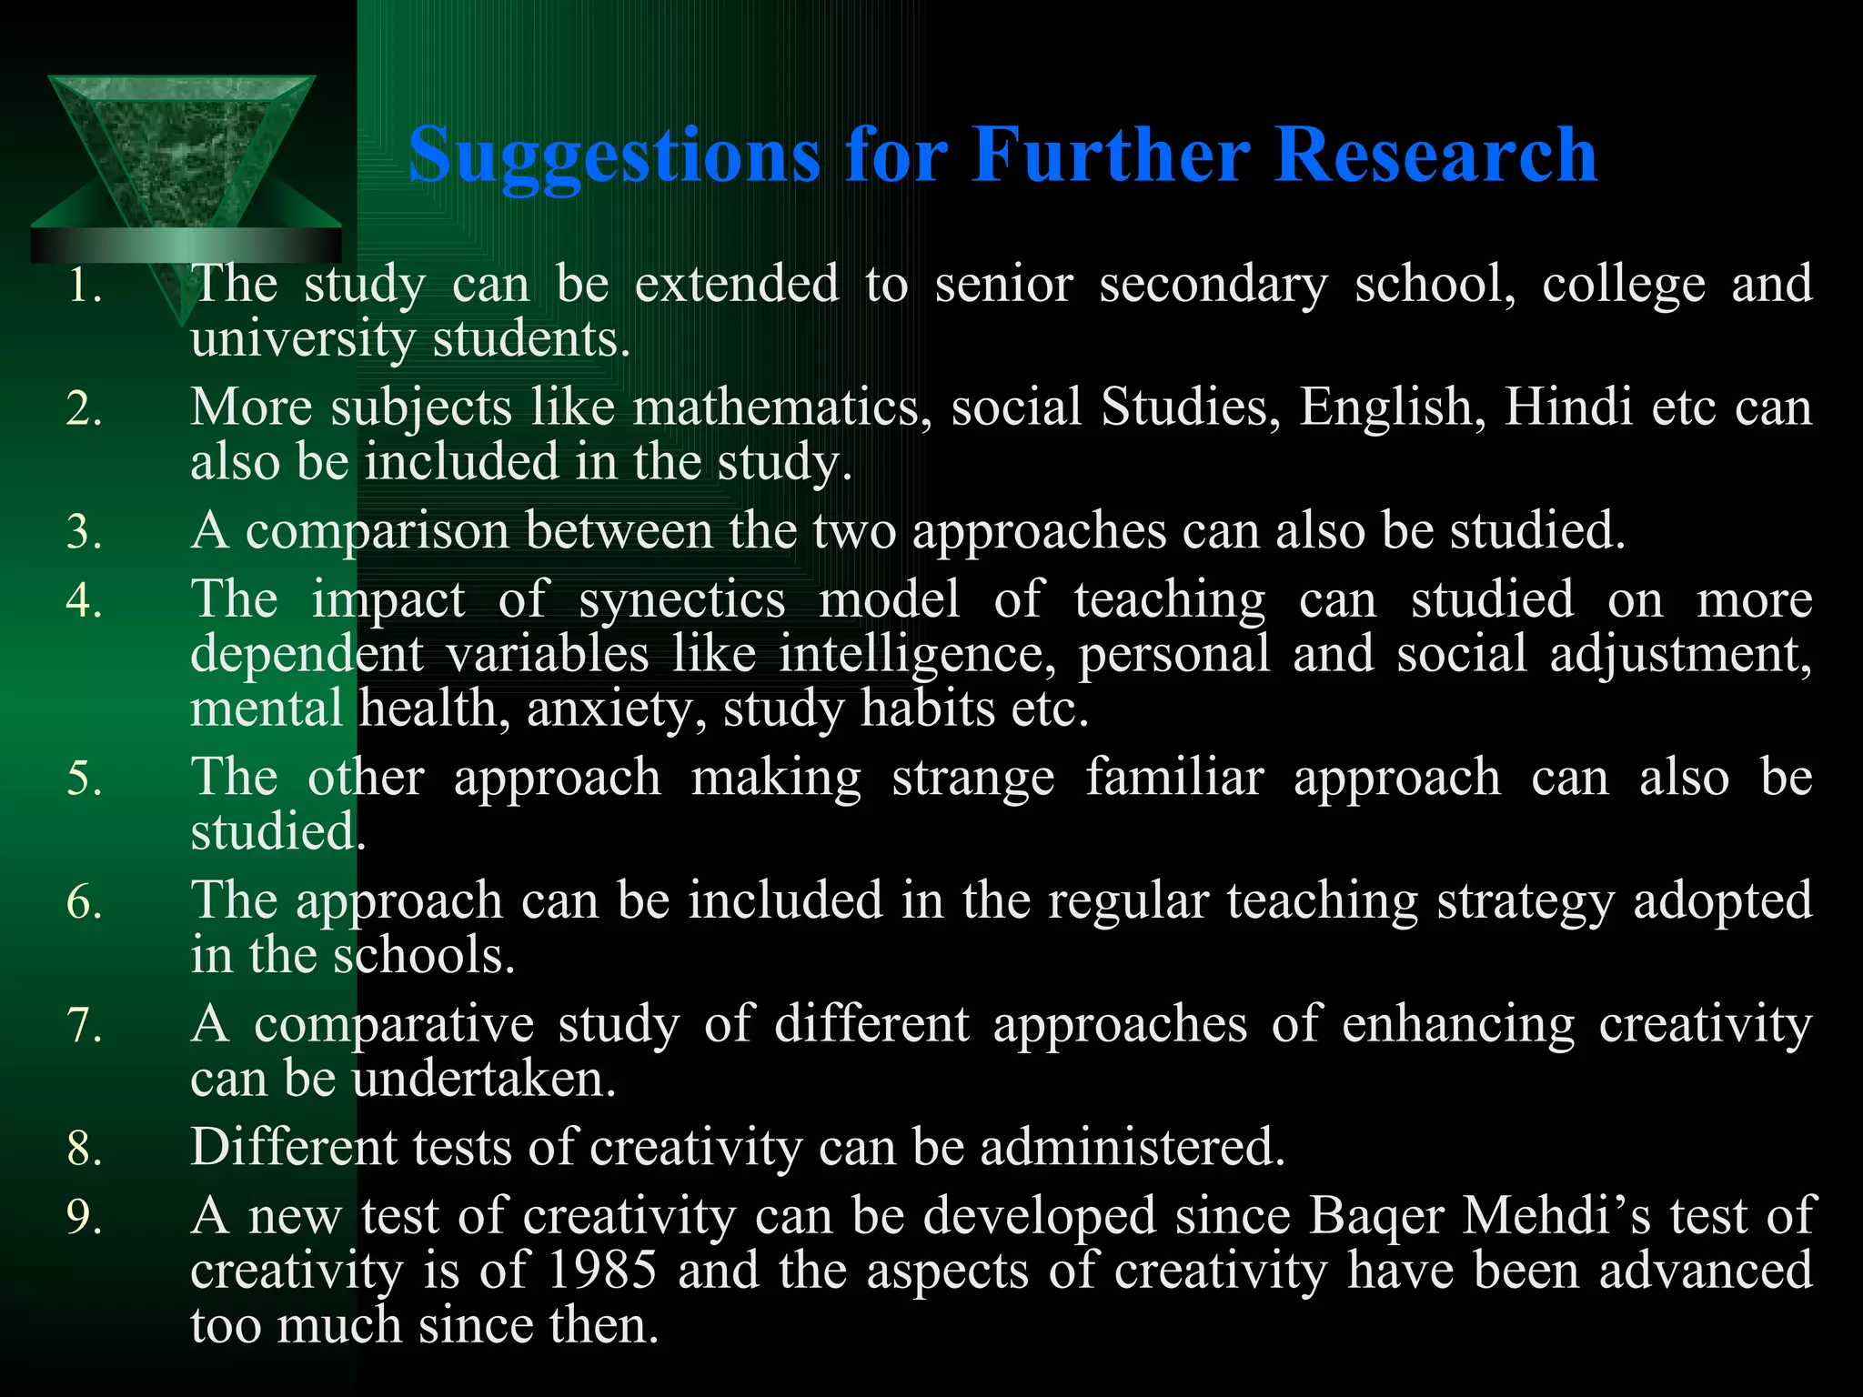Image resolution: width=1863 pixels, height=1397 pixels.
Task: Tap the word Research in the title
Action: point(1435,155)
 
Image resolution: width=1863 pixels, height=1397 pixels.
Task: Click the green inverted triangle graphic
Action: point(182,155)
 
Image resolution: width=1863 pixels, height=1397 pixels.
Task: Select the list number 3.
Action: point(84,533)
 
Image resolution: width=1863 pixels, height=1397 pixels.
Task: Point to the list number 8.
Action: point(84,1149)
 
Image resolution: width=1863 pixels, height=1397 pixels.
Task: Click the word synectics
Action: point(682,600)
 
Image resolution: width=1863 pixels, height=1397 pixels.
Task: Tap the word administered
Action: point(1133,1147)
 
